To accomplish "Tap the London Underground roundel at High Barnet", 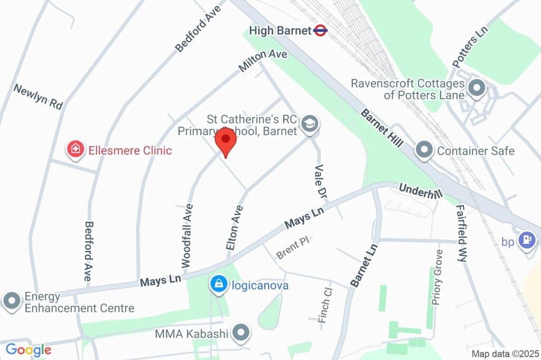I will [x=320, y=31].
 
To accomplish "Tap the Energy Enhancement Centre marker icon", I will [x=12, y=301].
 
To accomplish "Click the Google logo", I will [x=28, y=349].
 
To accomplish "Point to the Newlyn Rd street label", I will [x=38, y=97].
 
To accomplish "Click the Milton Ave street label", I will [x=263, y=61].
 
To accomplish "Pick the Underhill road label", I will [x=420, y=191].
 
